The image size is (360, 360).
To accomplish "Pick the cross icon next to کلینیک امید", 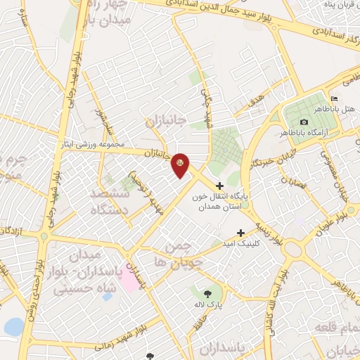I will [x=241, y=233].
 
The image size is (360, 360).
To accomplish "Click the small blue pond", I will [x=13, y=327].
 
